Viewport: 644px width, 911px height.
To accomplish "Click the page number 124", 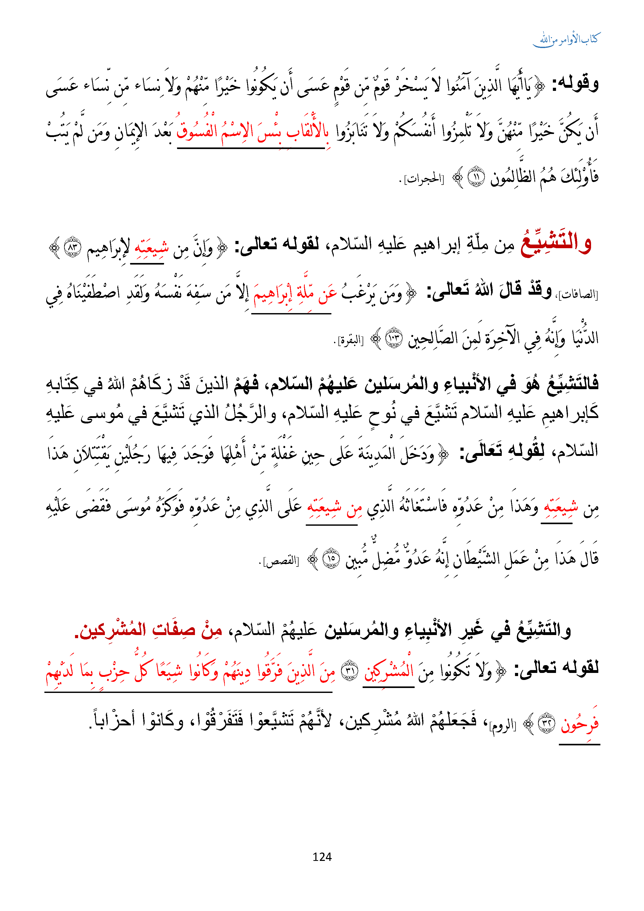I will pyautogui.click(x=322, y=857).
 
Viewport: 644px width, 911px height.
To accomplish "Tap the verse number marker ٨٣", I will pyautogui.click(x=73, y=247).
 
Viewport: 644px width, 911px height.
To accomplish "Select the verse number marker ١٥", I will pyautogui.click(x=331, y=559).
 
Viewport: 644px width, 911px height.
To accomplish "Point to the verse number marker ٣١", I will pyautogui.click(x=350, y=671).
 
